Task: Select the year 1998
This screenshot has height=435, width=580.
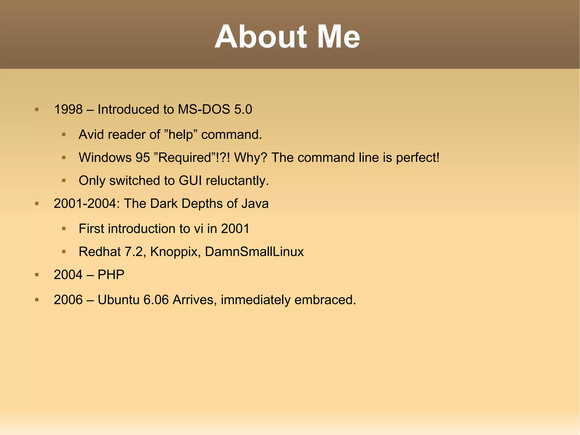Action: pyautogui.click(x=68, y=109)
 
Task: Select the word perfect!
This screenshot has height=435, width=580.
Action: pyautogui.click(x=418, y=158)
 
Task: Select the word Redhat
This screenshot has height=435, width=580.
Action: pyautogui.click(x=100, y=252)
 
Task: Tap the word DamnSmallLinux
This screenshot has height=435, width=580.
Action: pyautogui.click(x=254, y=252)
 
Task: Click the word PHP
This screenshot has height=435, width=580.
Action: pyautogui.click(x=111, y=275)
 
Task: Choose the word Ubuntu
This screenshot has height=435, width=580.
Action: pyautogui.click(x=118, y=300)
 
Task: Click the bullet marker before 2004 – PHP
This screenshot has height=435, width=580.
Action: pyautogui.click(x=37, y=275)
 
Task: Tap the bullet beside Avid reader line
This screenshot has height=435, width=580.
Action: pyautogui.click(x=64, y=135)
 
